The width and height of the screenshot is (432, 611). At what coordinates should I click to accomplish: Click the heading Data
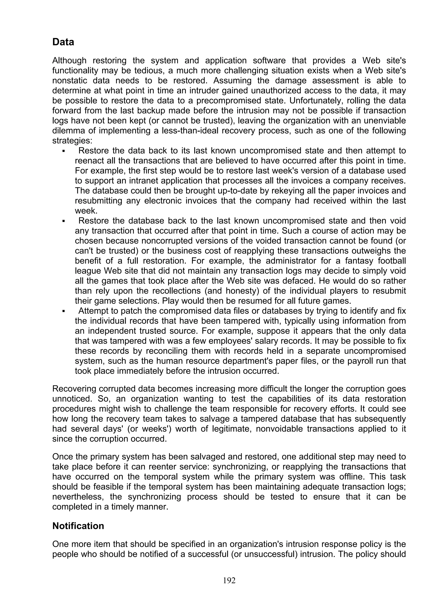tap(63, 42)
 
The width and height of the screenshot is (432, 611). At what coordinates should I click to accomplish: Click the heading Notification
tap(78, 526)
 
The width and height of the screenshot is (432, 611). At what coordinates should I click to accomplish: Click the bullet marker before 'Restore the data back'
tap(64, 151)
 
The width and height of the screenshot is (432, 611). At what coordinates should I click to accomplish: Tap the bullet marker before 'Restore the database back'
tap(64, 221)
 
